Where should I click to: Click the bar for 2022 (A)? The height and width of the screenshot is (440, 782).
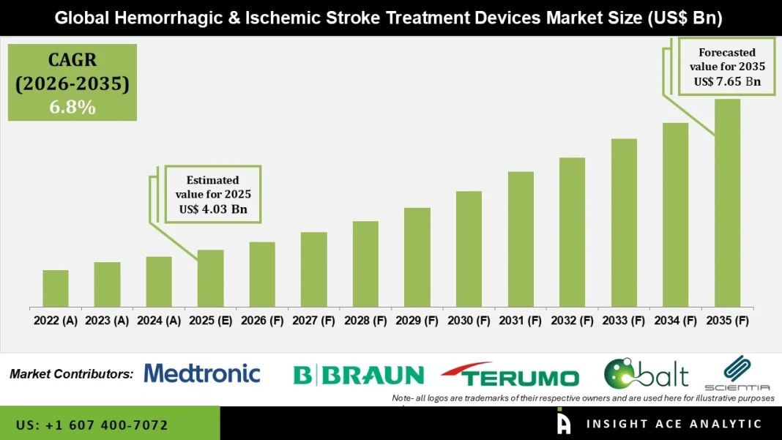[x=56, y=288]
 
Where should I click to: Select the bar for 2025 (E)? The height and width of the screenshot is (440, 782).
[x=211, y=278]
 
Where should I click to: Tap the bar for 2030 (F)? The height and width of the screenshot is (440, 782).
[x=469, y=249]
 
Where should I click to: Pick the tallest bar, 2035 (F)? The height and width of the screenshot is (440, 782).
[x=727, y=203]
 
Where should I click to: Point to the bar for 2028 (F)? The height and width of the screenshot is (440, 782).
[x=365, y=264]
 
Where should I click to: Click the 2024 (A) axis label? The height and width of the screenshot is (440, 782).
[x=159, y=320]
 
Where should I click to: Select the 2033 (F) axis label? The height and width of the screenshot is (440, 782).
[x=624, y=320]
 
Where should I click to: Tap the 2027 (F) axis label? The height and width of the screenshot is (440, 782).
[x=314, y=320]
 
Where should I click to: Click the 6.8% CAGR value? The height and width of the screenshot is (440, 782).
[x=72, y=108]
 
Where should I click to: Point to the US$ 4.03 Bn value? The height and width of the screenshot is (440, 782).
[x=213, y=209]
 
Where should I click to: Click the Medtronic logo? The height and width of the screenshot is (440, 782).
[x=202, y=373]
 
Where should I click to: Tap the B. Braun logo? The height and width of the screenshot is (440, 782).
[x=359, y=376]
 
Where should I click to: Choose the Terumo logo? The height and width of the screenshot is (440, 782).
[x=510, y=376]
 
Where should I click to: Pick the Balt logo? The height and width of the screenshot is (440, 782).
[x=646, y=374]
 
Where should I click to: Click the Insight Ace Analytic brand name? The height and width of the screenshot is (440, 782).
[x=674, y=424]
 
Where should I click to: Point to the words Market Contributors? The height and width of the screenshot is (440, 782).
[x=72, y=374]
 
